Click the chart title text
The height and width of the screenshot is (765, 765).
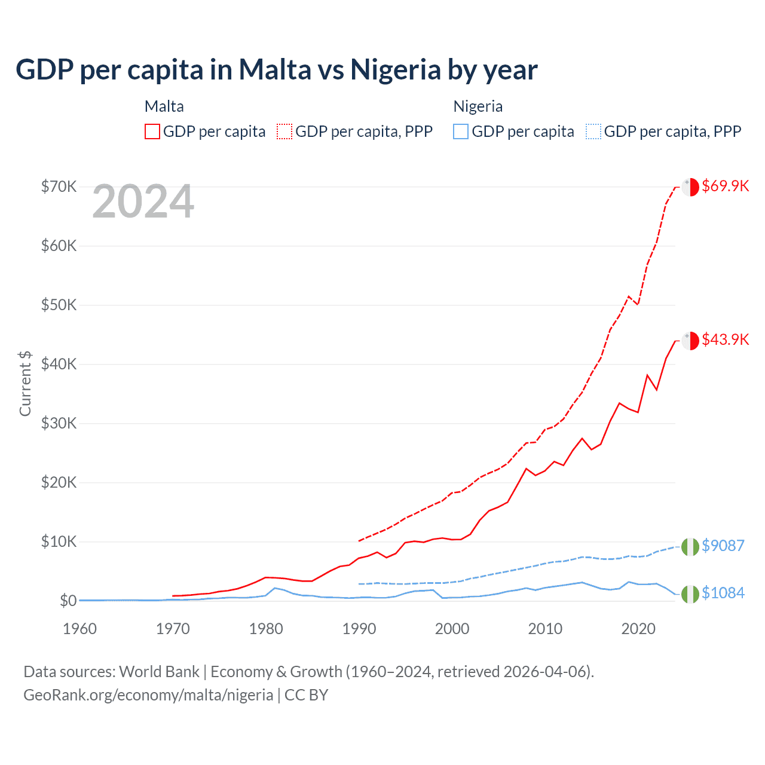[276, 70]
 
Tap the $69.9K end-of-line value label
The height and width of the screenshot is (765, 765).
[725, 186]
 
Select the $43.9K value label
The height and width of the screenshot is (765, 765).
[725, 339]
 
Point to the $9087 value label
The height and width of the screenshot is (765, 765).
[723, 546]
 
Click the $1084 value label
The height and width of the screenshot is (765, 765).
[723, 593]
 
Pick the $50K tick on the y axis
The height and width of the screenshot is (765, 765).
[59, 305]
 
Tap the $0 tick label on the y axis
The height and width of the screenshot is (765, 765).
[68, 601]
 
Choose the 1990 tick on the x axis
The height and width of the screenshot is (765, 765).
[359, 629]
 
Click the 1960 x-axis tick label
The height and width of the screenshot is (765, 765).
[79, 629]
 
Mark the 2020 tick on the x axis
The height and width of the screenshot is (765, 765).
[638, 629]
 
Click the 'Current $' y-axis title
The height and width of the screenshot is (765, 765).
[25, 384]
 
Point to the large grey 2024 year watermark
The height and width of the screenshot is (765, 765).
[143, 202]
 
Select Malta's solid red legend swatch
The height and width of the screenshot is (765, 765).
[152, 131]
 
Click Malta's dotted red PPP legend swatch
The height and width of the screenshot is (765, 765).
[284, 131]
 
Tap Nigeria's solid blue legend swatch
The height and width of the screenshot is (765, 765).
[461, 131]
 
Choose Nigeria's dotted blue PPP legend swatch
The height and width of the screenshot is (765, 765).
[593, 131]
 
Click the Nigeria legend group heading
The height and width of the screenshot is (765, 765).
[478, 106]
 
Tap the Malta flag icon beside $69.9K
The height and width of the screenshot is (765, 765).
[690, 186]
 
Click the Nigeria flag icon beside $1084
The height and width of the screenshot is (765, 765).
[690, 594]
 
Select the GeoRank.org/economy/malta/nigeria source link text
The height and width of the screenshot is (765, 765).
[148, 695]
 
